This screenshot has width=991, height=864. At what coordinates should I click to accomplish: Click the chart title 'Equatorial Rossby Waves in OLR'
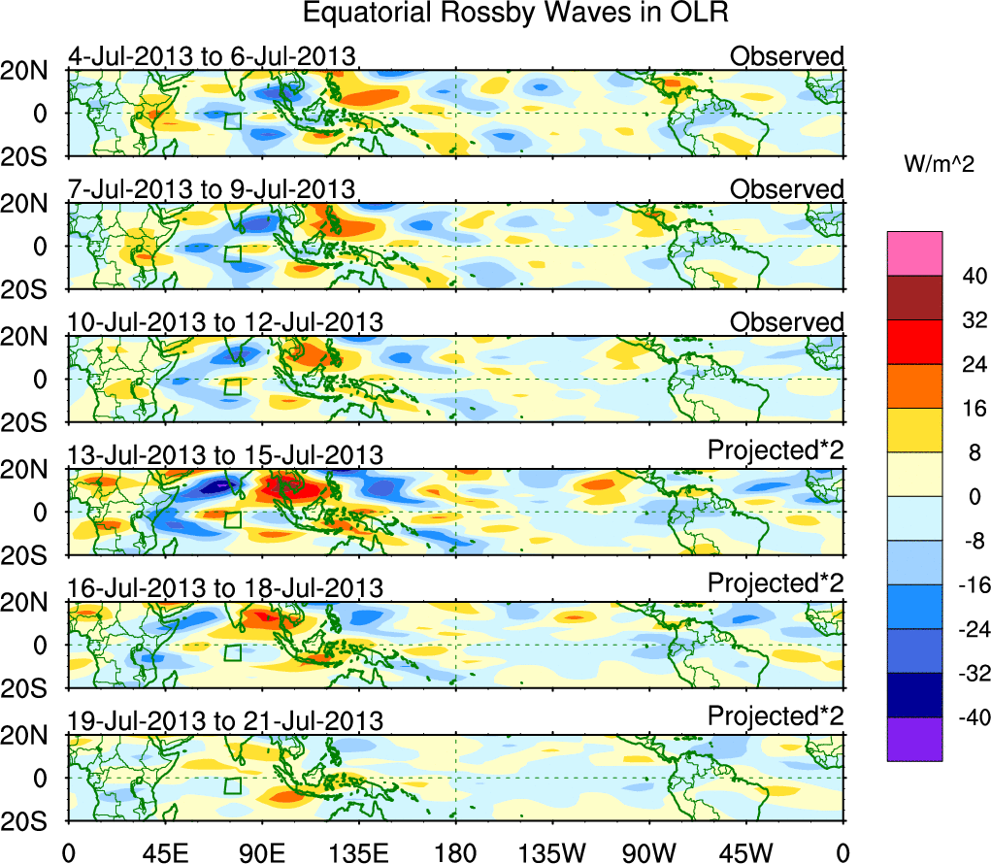(x=515, y=14)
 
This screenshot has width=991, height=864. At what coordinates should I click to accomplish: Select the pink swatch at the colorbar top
(x=913, y=253)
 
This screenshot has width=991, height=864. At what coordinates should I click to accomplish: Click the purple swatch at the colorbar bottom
(x=913, y=739)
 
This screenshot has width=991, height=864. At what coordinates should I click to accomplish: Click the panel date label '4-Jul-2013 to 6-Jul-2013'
(x=212, y=56)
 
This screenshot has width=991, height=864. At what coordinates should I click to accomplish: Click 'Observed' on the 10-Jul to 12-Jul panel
(x=787, y=321)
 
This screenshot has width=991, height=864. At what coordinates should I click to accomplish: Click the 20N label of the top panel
(x=32, y=71)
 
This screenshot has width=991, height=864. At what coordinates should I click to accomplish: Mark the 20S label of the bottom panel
(x=32, y=821)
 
